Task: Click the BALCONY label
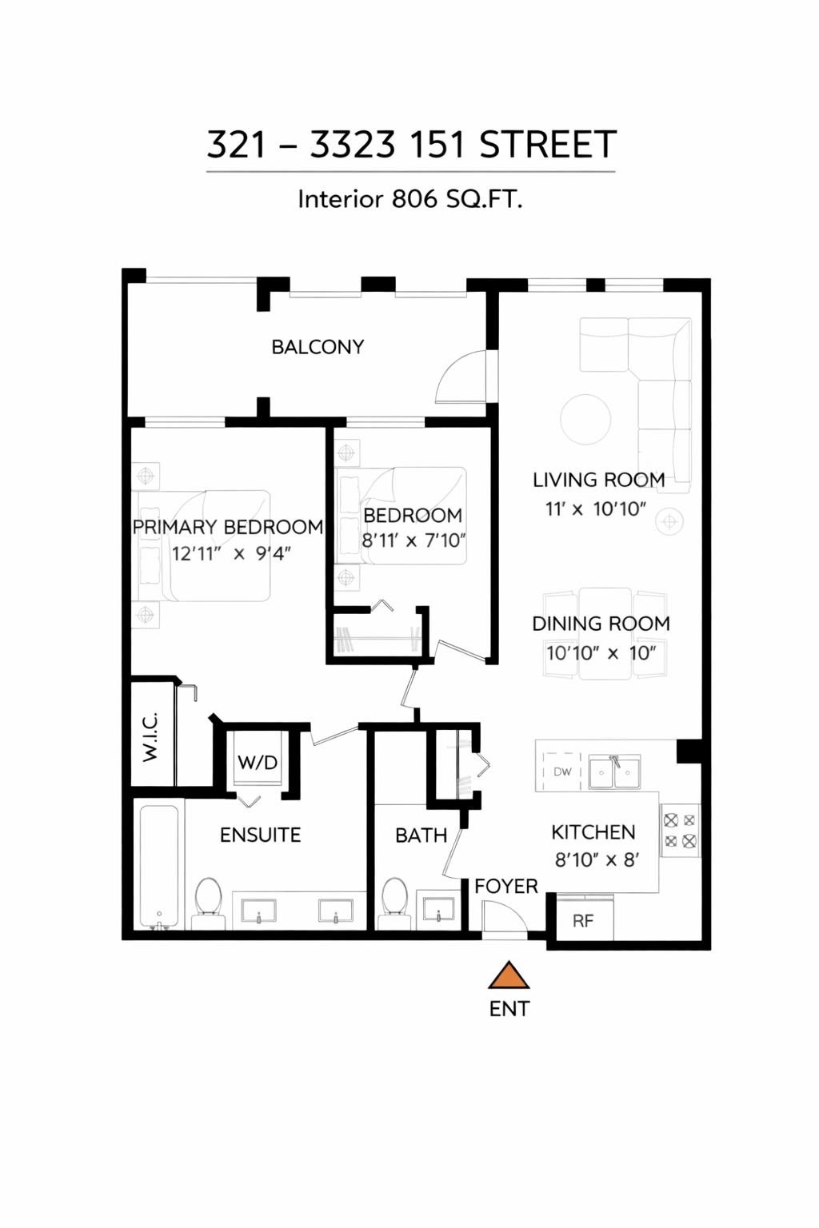(x=318, y=347)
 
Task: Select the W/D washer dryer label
(x=258, y=762)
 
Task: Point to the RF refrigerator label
(x=583, y=921)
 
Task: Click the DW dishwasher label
(x=562, y=771)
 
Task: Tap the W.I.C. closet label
(x=150, y=736)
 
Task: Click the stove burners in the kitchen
(x=680, y=830)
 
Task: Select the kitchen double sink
(x=614, y=771)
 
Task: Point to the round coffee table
(x=586, y=419)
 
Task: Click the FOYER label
(x=505, y=887)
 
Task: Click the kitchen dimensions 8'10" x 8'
(x=597, y=859)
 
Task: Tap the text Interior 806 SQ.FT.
(x=409, y=199)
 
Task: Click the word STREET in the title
(x=548, y=144)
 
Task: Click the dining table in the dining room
(x=605, y=633)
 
